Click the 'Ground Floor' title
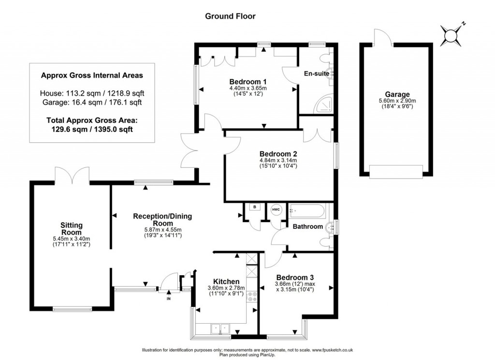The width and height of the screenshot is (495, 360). [230, 16]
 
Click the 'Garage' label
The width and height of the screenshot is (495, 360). [397, 94]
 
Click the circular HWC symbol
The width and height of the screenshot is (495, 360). [276, 209]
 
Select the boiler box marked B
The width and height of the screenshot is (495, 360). [254, 208]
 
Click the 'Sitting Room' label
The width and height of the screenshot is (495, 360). [72, 228]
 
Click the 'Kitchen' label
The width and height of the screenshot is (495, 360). [226, 282]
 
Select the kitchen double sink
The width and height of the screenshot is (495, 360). [219, 329]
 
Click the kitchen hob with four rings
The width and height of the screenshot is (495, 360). [251, 296]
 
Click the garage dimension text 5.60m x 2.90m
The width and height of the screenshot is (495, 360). [397, 101]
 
